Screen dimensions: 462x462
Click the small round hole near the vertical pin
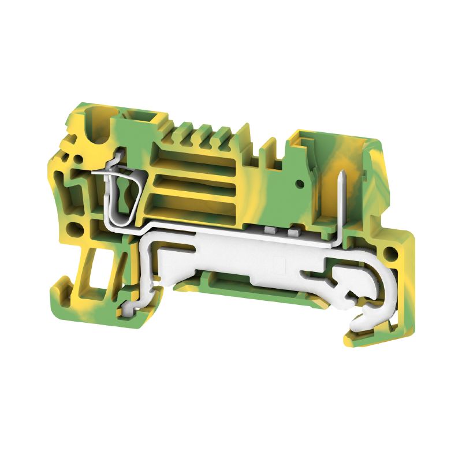(300, 184)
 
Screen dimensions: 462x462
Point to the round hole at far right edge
(392, 252)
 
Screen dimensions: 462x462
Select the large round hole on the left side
(73, 228)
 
